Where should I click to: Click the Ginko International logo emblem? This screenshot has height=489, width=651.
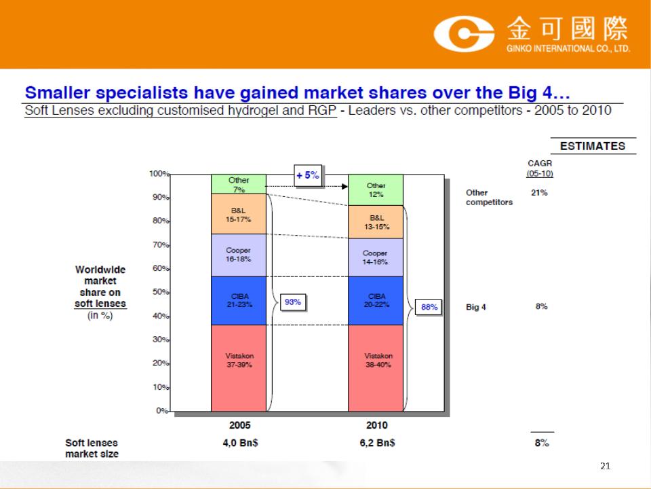coord(464,34)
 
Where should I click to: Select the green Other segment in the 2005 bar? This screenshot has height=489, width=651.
coord(239,184)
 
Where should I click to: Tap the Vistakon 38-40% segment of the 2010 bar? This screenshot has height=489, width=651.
coord(376,368)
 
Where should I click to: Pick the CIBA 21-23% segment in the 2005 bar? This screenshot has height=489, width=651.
coord(239,301)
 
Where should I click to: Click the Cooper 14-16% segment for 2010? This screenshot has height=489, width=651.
coord(376,257)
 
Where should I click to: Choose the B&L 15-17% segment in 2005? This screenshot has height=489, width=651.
coord(239,214)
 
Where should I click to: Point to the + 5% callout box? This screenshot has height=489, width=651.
coord(308,175)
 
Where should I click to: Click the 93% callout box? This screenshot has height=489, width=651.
coord(293,302)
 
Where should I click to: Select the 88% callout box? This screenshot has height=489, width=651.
coord(429,307)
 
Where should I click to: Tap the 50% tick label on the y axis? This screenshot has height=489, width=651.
coord(161,292)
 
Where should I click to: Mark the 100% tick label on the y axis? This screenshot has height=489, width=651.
coord(159,173)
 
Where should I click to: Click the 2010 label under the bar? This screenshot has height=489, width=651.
coord(376,425)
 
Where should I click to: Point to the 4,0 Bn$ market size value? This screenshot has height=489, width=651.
coord(240,443)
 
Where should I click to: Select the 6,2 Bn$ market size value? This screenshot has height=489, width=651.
coord(378,443)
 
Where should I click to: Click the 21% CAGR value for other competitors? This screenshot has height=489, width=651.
coord(539,192)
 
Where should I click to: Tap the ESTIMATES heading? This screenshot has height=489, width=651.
coord(593,146)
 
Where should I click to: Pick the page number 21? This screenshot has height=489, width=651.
coord(606,466)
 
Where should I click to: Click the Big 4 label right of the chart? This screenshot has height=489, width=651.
coord(476,307)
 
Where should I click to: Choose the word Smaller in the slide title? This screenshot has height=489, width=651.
coord(57,93)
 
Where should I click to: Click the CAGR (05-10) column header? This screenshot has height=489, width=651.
coord(540,168)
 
